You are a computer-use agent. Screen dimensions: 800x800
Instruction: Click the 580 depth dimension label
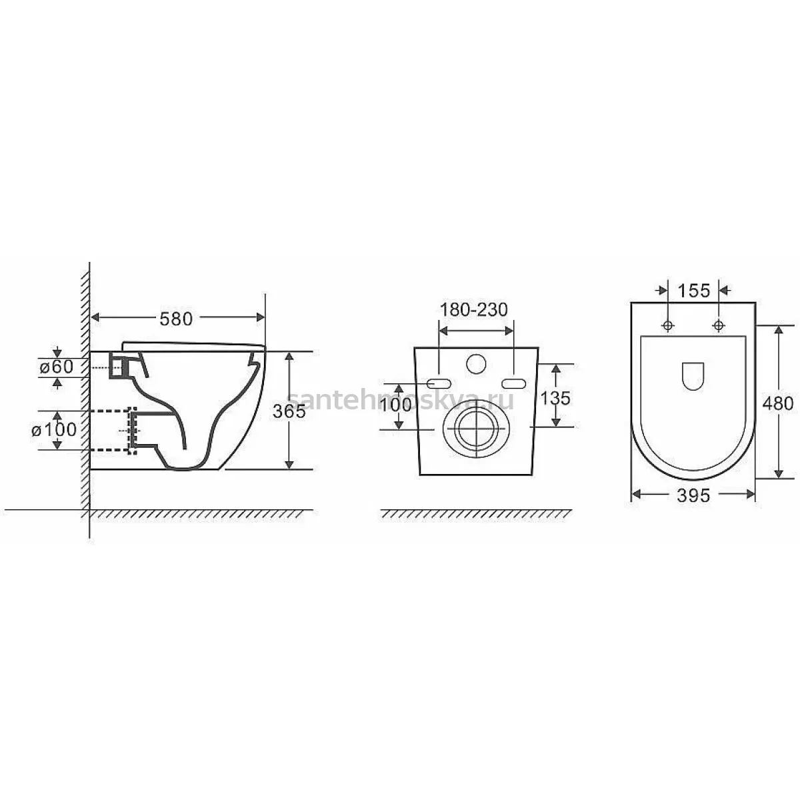[176, 319]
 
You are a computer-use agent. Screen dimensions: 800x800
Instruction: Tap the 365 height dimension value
[289, 411]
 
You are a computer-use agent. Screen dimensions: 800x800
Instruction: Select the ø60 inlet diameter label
[57, 367]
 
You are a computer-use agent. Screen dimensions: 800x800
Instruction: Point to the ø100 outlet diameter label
[54, 430]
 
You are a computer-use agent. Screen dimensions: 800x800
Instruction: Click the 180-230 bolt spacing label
[474, 310]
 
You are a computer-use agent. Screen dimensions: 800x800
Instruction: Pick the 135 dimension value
[555, 398]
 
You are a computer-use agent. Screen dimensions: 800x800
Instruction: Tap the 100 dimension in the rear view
[395, 405]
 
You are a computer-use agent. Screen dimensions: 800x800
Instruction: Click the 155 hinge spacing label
[694, 291]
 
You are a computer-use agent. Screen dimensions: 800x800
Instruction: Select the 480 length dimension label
[778, 403]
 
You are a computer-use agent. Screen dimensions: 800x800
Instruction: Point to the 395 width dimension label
[693, 495]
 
